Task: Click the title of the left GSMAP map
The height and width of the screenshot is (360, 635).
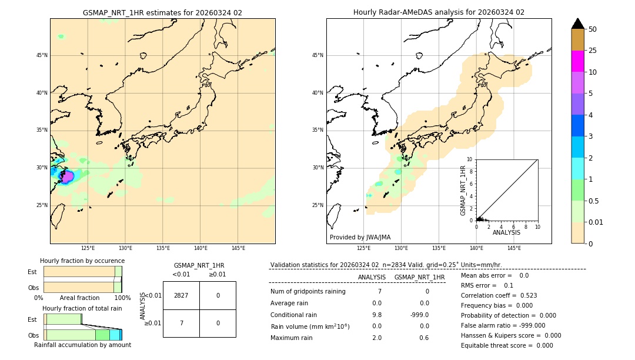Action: (x=162, y=12)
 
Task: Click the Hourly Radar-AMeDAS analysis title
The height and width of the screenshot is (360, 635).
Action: (x=439, y=12)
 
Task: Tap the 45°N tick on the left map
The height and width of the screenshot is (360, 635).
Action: (x=42, y=55)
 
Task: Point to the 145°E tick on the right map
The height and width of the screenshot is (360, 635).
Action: (x=514, y=248)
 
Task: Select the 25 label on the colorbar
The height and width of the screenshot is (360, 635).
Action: (x=593, y=51)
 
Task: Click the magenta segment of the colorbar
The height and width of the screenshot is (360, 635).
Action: (x=577, y=61)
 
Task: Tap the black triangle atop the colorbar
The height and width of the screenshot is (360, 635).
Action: (x=577, y=24)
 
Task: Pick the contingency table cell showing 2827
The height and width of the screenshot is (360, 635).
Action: (x=181, y=295)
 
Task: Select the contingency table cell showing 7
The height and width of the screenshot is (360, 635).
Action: (x=181, y=323)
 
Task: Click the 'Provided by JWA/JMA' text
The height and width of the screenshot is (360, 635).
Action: (x=360, y=237)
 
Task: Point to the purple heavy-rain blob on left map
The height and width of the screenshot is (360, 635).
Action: (x=68, y=176)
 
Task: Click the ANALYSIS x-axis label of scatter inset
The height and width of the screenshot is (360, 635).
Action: (x=506, y=232)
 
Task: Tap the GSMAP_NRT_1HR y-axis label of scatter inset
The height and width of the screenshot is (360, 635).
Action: (x=463, y=190)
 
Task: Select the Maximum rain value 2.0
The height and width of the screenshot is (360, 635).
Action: (x=376, y=338)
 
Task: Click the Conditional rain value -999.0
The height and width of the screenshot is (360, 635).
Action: (x=420, y=315)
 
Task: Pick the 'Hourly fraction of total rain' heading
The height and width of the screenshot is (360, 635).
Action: (x=82, y=308)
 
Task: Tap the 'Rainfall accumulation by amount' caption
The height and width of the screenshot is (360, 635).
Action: (x=82, y=345)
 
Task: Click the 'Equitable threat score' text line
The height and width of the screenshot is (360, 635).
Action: (x=507, y=345)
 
